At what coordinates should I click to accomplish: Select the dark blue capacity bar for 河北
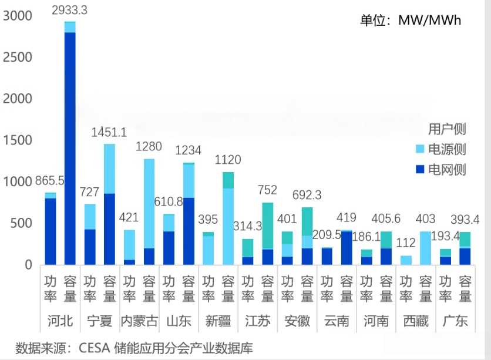tap(70, 147)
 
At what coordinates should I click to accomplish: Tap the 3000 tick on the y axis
tap(16, 16)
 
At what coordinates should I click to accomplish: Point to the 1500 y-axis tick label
tap(16, 140)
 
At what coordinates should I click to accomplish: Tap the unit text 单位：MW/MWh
tap(411, 21)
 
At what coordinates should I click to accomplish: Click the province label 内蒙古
tap(139, 321)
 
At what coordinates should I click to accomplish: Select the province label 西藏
tap(415, 321)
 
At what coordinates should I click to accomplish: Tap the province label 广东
tap(455, 321)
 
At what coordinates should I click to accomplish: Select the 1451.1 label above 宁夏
tap(109, 132)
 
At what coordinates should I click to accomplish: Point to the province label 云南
tap(336, 321)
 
